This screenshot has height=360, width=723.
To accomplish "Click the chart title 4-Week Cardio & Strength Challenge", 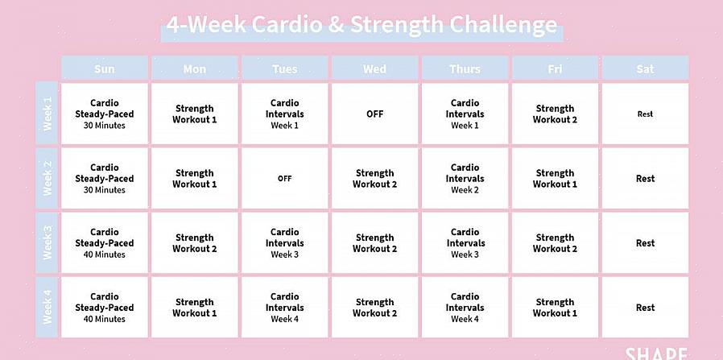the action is (361, 25).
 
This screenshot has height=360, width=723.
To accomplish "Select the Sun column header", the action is (105, 68).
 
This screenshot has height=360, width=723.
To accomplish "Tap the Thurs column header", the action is (465, 68).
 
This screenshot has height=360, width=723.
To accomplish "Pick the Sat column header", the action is (645, 68).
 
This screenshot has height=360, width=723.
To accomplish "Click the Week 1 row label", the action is (47, 114).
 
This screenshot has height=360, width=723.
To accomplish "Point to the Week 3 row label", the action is (47, 242).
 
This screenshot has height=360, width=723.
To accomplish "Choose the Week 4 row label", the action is (47, 307).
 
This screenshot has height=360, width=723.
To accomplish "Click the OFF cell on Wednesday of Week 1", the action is (375, 114).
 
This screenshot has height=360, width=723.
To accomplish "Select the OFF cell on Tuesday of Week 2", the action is (284, 178).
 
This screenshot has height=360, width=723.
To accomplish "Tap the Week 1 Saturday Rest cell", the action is (645, 114).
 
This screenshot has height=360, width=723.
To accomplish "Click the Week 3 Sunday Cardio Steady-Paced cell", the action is (105, 242).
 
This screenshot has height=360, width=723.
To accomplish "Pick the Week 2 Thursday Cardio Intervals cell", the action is (465, 178).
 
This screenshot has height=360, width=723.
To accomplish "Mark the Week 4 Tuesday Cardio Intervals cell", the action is (284, 307).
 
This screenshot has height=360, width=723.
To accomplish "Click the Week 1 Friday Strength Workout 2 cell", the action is (556, 114).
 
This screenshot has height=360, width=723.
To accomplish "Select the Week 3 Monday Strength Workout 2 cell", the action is (195, 242).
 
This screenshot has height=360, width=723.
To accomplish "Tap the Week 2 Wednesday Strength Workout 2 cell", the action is (375, 178).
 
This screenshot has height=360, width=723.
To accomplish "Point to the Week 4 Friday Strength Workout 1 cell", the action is (556, 307).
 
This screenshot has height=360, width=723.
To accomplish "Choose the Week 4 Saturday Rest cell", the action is (645, 307).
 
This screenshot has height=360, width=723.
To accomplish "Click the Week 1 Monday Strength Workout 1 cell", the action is (195, 114).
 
